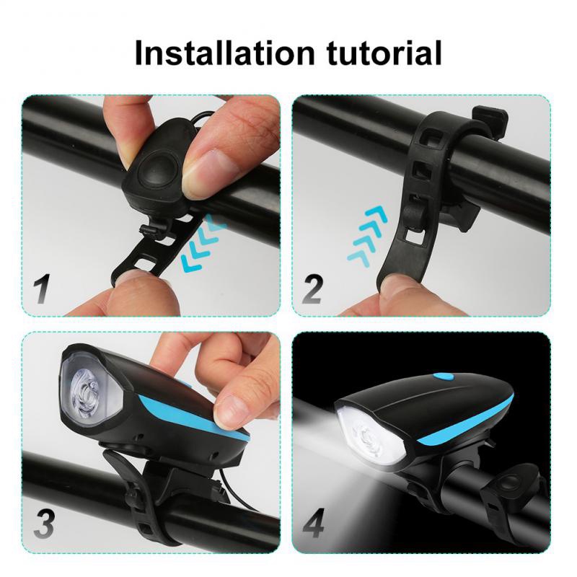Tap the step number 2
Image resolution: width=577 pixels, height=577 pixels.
[x=312, y=288]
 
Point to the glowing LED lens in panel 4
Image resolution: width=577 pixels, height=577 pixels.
[x=365, y=433]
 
